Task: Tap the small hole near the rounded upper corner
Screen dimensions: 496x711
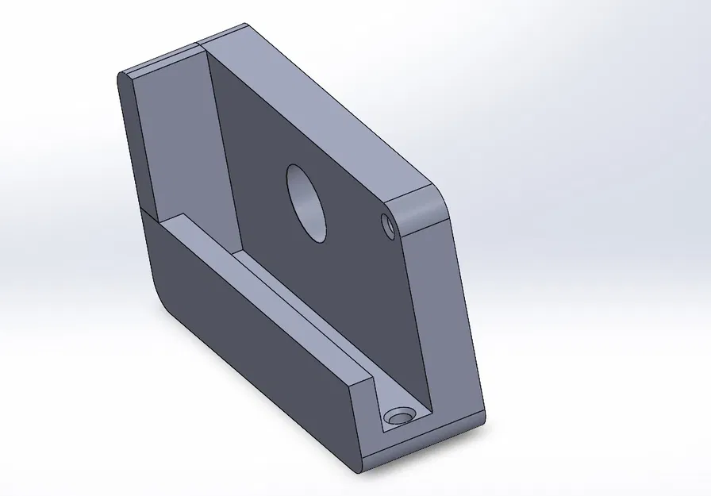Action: coord(389,225)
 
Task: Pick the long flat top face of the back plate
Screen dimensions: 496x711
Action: coord(317,103)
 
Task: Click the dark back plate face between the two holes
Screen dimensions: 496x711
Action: coord(349,214)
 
